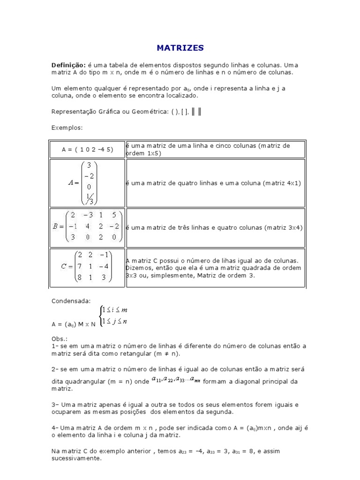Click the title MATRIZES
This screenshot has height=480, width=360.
coord(180,48)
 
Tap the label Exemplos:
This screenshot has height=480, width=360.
coord(67,127)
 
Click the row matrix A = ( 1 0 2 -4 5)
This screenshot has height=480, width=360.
coord(87,150)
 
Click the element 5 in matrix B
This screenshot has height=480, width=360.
coord(114,215)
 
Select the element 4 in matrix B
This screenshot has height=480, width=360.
coord(87,226)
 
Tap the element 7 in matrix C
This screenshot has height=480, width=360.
coord(81,266)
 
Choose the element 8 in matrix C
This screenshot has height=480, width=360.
coord(81,277)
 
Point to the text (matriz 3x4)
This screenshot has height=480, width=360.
coord(283,227)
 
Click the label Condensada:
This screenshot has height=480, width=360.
coord(71,301)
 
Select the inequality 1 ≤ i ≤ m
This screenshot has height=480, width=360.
coord(115,310)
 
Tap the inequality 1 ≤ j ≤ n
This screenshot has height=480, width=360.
coord(115,321)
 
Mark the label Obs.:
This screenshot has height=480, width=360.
coord(60,338)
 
